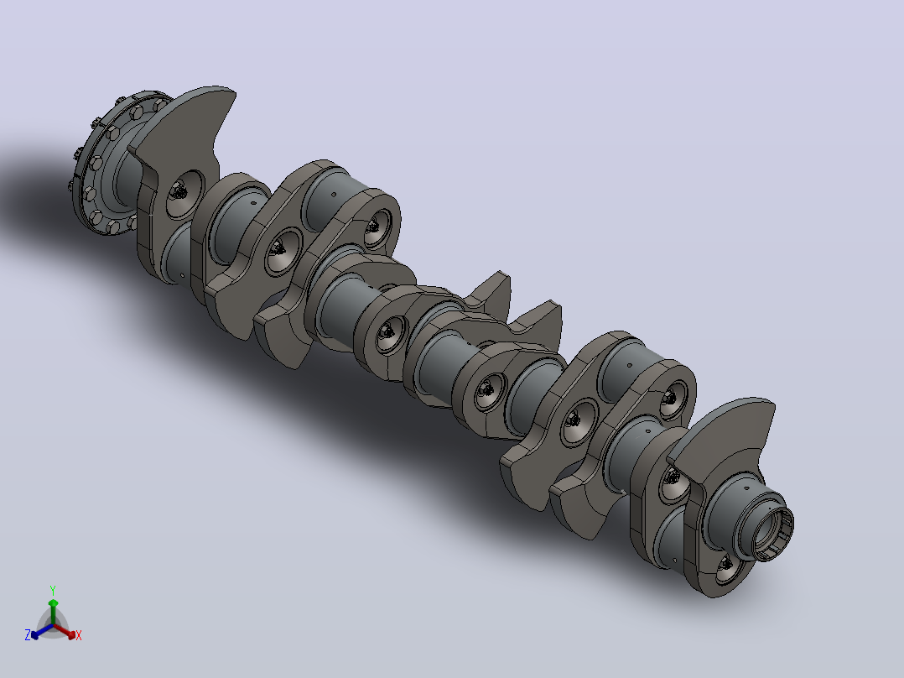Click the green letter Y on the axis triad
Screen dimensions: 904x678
pyautogui.click(x=53, y=590)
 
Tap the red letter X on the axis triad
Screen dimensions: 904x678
pyautogui.click(x=79, y=635)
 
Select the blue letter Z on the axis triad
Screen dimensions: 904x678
pyautogui.click(x=27, y=634)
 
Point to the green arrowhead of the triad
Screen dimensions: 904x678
pyautogui.click(x=53, y=603)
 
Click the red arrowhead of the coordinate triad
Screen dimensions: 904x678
pyautogui.click(x=71, y=634)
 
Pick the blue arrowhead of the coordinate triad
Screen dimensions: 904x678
pyautogui.click(x=35, y=634)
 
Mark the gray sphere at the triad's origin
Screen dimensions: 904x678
pyautogui.click(x=53, y=624)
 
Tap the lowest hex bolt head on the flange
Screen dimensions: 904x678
pyautogui.click(x=113, y=227)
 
